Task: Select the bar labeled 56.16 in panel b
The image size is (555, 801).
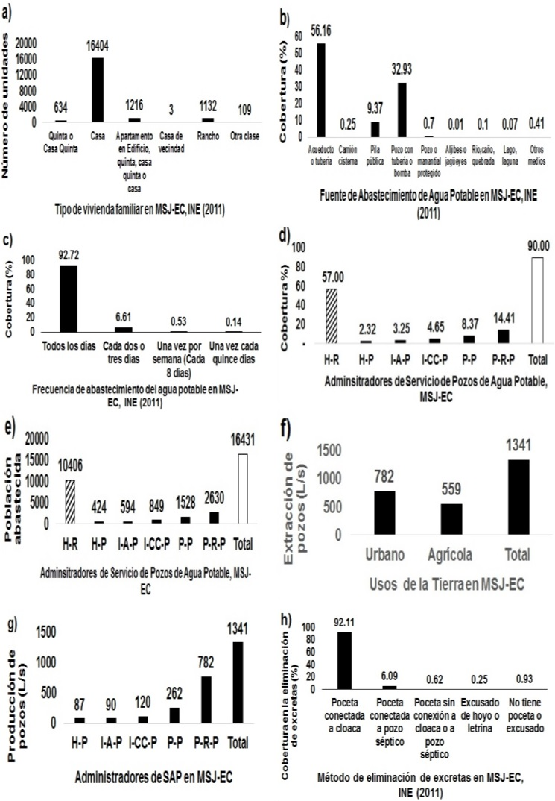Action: [x=321, y=89]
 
